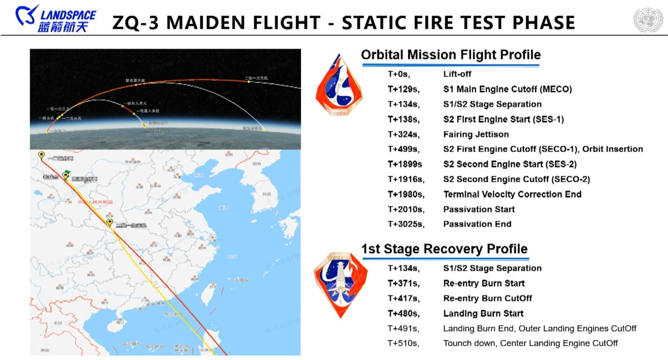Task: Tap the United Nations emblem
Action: pyautogui.click(x=648, y=20)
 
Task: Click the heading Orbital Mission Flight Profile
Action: pyautogui.click(x=450, y=55)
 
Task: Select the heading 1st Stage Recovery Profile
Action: pyautogui.click(x=444, y=249)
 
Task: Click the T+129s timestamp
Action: pyautogui.click(x=403, y=89)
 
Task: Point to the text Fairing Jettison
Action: pyautogui.click(x=476, y=134)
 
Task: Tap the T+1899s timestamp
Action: pyautogui.click(x=405, y=164)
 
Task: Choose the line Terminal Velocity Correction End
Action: pyautogui.click(x=512, y=195)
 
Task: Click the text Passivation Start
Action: pyautogui.click(x=479, y=209)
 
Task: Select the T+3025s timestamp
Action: pyautogui.click(x=406, y=224)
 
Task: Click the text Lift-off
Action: pyautogui.click(x=457, y=74)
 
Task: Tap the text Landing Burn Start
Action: pyautogui.click(x=483, y=314)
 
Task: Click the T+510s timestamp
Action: pyautogui.click(x=403, y=343)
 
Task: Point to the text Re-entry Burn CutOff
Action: pyautogui.click(x=488, y=298)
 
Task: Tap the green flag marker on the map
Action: pyautogui.click(x=66, y=174)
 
